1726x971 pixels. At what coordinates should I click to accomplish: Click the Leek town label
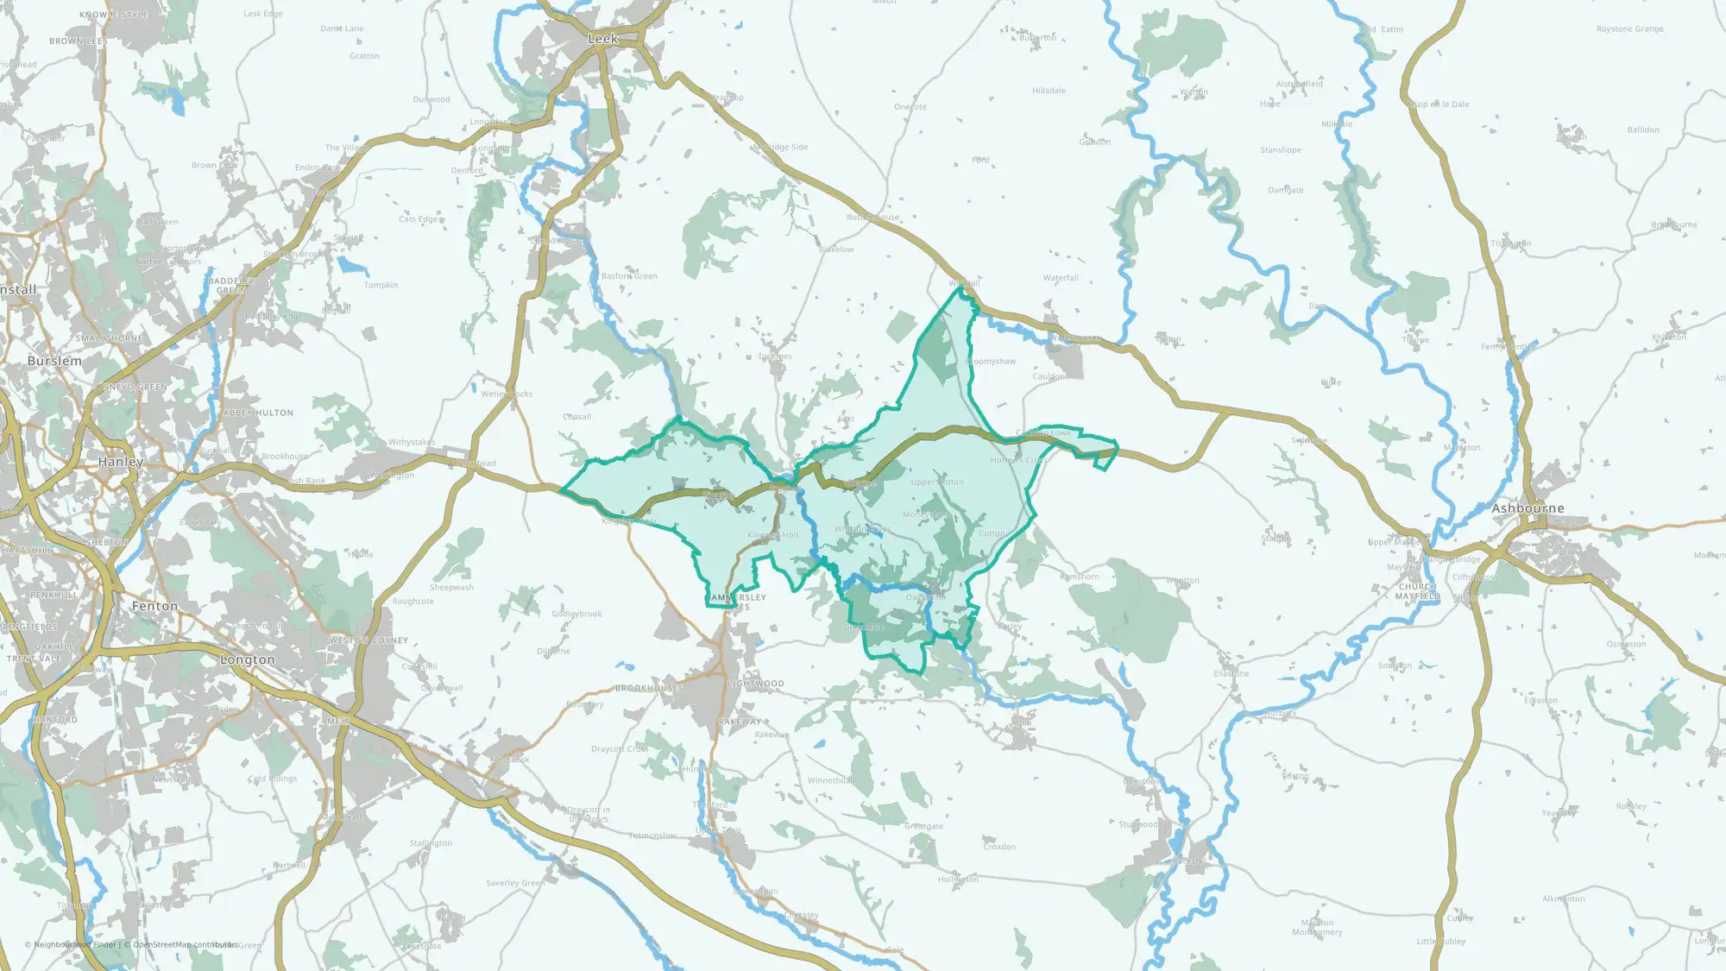coord(602,39)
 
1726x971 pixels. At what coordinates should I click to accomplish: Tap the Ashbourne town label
coord(1528,508)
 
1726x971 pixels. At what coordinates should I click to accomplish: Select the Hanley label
coord(121,462)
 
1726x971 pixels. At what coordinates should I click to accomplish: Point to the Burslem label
coord(54,361)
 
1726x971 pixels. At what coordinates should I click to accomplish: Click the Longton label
coord(247,659)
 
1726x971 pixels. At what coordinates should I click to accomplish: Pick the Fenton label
coord(155,606)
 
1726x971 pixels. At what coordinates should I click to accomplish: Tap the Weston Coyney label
coord(369,640)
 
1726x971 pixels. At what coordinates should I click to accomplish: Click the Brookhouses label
coord(649,688)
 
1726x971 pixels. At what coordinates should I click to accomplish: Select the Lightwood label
coord(756,684)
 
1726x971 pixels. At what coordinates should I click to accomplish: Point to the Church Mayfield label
coord(1417,591)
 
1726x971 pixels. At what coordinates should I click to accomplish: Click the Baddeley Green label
coord(231,286)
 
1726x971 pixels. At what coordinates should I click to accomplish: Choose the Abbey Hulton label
coord(258,413)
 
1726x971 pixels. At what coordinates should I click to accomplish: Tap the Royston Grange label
coord(1629,29)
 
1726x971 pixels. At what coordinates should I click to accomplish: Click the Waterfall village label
coord(1061,278)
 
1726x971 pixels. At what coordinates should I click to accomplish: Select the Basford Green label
coord(629,276)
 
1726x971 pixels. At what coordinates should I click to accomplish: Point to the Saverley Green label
coord(515,883)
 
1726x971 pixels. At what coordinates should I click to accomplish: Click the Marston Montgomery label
coord(1317,927)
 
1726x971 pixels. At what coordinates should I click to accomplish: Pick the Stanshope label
coord(1280,150)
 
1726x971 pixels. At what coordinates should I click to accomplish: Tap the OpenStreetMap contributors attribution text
coord(185,944)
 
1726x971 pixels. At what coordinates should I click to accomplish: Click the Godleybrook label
coord(576,614)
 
